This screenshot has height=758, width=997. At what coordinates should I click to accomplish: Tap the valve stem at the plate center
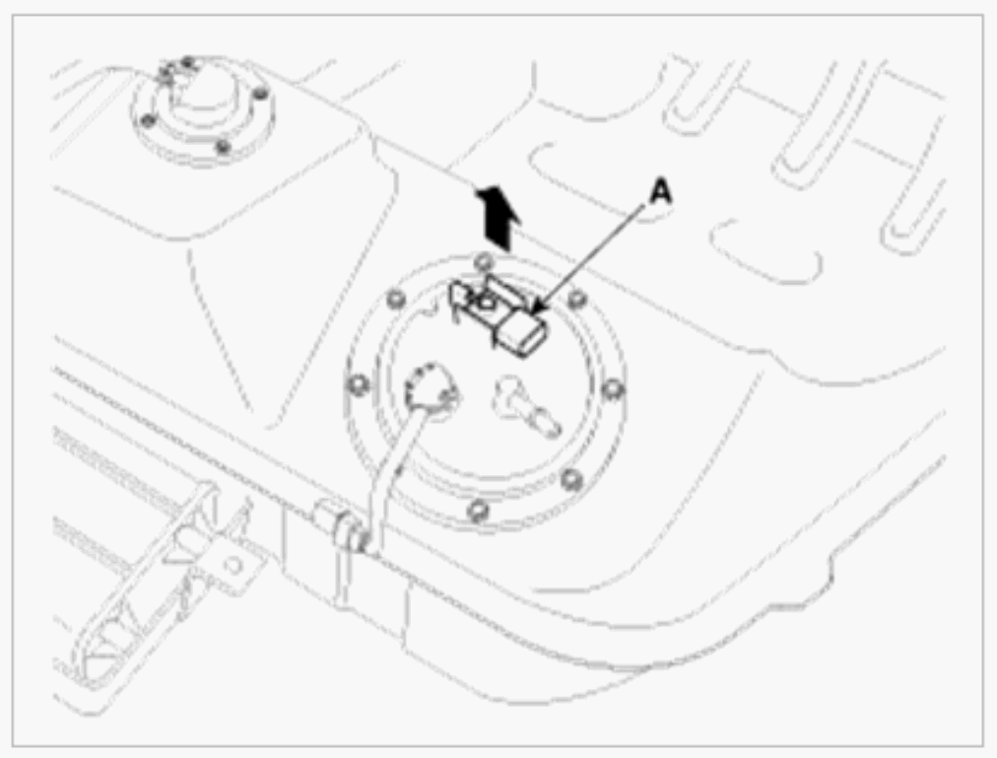coord(522,404)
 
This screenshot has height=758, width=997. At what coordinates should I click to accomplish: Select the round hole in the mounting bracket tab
coord(233,566)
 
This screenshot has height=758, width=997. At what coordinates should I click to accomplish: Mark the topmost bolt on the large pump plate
coord(482,261)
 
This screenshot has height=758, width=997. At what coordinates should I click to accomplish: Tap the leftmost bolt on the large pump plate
coord(358,383)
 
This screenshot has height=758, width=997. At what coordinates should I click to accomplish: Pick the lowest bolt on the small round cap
coord(224,148)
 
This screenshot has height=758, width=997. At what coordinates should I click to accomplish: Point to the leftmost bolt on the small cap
coord(145,120)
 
